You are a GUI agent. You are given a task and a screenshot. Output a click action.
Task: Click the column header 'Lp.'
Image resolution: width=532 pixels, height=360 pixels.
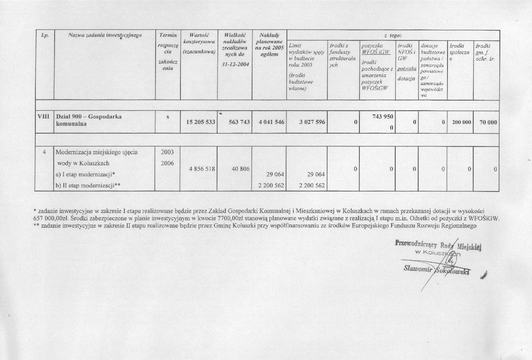pyautogui.click(x=45, y=35)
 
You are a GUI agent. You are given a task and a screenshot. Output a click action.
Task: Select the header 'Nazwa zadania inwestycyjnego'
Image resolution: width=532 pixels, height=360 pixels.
pyautogui.click(x=105, y=35)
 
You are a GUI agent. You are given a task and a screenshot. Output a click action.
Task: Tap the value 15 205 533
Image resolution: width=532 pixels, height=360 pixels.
pyautogui.click(x=198, y=123)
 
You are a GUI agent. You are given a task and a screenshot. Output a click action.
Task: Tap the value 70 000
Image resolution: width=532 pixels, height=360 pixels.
pyautogui.click(x=486, y=123)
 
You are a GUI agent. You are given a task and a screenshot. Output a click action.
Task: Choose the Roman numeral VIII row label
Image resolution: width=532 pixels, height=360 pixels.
pyautogui.click(x=44, y=117)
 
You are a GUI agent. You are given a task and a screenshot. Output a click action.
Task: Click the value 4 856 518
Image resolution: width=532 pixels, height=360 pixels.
pyautogui.click(x=198, y=169)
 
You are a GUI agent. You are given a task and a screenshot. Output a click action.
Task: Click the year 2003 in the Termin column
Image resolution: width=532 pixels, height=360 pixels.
pyautogui.click(x=168, y=152)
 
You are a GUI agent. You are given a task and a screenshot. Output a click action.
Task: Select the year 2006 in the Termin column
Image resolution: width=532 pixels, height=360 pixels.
pyautogui.click(x=168, y=163)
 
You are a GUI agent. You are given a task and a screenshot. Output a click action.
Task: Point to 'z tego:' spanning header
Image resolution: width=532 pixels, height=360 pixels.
pyautogui.click(x=393, y=35)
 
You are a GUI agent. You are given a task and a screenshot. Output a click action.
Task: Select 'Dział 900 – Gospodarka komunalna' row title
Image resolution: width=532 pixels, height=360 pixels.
pyautogui.click(x=88, y=120)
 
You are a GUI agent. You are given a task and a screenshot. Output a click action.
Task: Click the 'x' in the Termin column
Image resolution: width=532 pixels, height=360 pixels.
pyautogui.click(x=168, y=117)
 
